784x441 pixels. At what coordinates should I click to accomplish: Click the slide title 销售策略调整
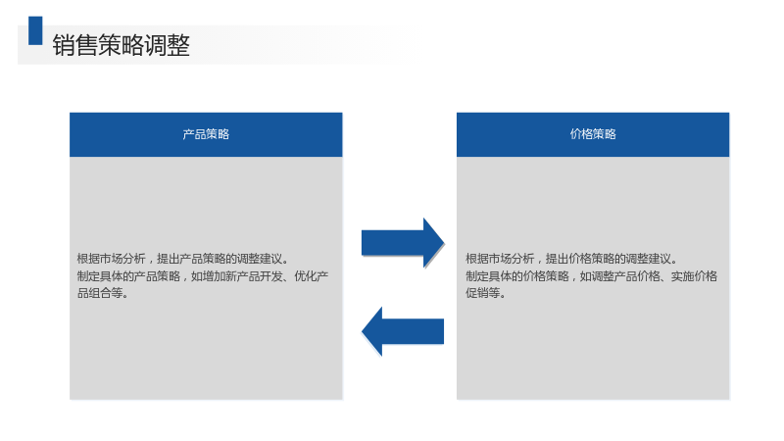(x=121, y=45)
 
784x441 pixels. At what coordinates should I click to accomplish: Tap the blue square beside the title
(x=35, y=30)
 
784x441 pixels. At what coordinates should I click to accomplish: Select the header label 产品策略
(x=206, y=134)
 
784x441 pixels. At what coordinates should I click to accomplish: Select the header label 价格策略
(x=593, y=134)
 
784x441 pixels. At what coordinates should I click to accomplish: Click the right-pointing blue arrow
(x=403, y=243)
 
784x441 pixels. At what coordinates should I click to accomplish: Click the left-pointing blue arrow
(x=403, y=331)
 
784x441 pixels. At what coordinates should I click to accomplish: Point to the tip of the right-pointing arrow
(x=444, y=243)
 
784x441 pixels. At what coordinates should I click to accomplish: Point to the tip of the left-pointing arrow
(x=362, y=331)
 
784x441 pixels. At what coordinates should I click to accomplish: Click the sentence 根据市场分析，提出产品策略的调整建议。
(x=183, y=259)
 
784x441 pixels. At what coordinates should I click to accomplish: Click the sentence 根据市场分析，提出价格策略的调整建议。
(x=572, y=259)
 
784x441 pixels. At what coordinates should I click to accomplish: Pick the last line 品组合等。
(x=103, y=293)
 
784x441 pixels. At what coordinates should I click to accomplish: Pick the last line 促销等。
(x=486, y=293)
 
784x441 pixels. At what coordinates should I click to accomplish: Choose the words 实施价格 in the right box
(x=694, y=276)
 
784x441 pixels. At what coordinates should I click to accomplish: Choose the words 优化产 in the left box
(x=311, y=276)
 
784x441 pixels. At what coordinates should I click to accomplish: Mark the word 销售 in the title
(x=75, y=45)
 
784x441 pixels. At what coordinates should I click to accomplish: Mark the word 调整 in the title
(x=167, y=45)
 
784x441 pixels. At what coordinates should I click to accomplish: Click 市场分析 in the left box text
(x=122, y=259)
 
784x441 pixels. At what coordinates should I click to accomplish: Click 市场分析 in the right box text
(x=511, y=259)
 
